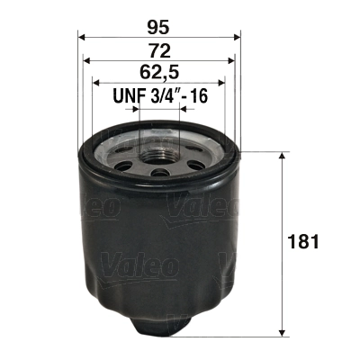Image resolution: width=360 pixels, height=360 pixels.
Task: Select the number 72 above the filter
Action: (x=160, y=49)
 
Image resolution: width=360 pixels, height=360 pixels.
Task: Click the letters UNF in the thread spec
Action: (x=127, y=94)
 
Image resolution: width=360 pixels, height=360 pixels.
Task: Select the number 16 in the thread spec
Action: (x=198, y=94)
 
